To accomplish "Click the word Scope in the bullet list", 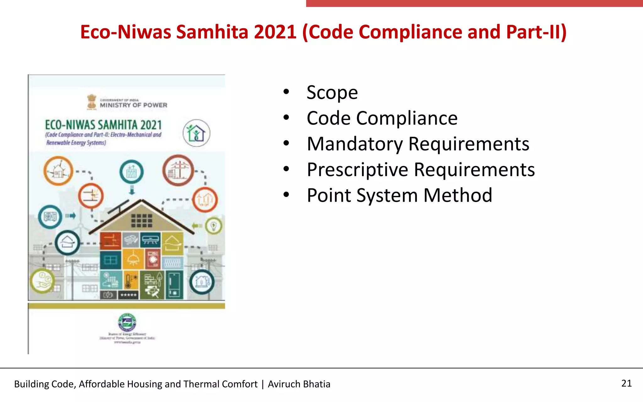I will (332, 93).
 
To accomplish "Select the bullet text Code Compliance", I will (382, 118).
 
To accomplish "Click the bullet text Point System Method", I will (399, 195).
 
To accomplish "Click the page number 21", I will (626, 383).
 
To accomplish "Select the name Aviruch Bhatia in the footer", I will (299, 384).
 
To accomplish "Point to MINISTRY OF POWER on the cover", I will (133, 105).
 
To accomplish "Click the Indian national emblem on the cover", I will (92, 102).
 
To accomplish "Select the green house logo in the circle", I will (196, 133).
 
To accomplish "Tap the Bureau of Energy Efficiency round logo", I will (127, 322).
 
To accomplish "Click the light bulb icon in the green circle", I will (214, 225).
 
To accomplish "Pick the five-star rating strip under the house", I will (128, 295).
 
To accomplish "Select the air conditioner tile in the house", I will (151, 240).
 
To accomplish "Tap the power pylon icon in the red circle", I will (178, 171).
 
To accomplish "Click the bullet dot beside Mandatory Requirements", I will (286, 144).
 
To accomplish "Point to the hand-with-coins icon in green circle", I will (42, 280).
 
